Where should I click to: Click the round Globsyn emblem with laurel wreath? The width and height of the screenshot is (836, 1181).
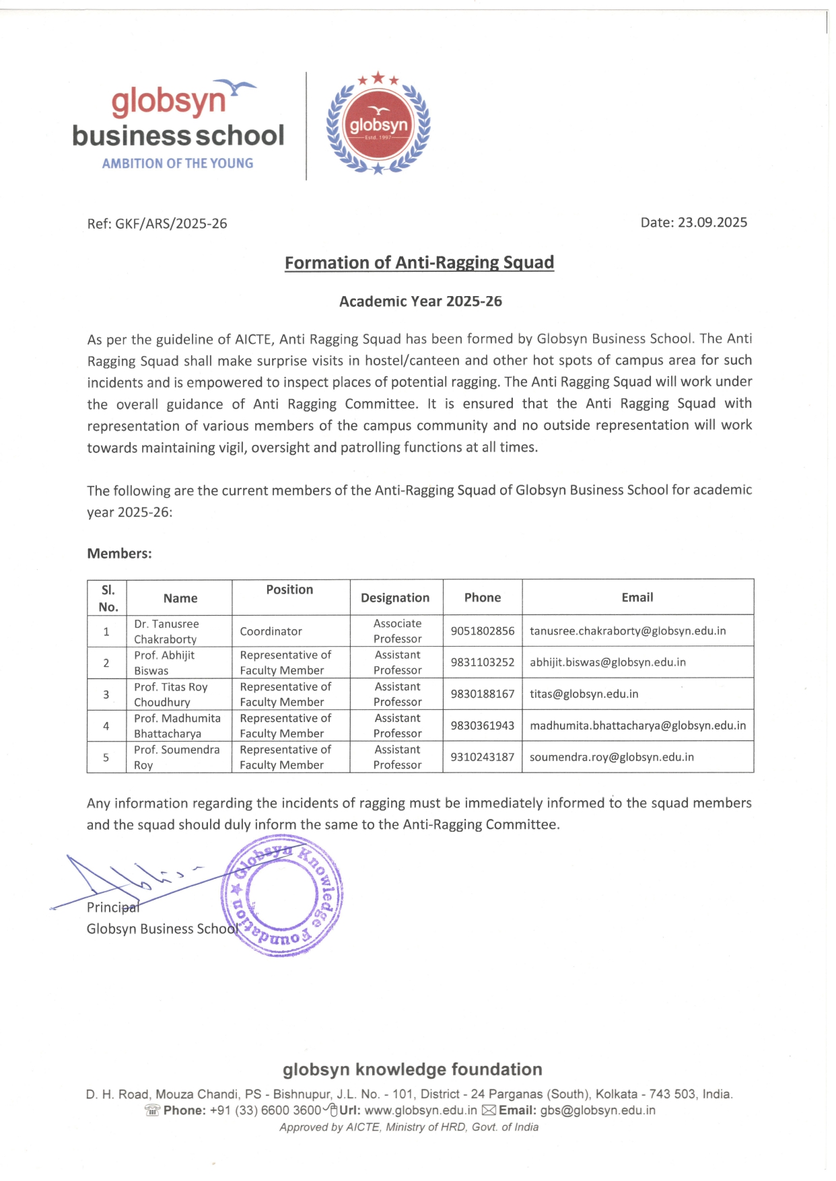pos(378,124)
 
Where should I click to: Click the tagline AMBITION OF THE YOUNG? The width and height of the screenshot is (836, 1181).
pos(178,164)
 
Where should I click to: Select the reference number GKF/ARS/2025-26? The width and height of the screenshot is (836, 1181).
pos(171,224)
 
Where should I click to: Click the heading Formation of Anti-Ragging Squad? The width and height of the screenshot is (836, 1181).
pos(419,262)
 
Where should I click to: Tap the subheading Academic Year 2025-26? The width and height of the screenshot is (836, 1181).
pos(420,301)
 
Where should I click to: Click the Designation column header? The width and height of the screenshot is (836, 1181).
pos(395,598)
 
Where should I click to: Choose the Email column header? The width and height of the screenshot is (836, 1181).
pos(637,598)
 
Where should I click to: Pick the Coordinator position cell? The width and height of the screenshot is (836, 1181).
pos(271,631)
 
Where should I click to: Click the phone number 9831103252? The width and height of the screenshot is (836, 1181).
pos(482,662)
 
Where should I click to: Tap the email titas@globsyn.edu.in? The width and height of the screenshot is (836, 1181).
pos(584,694)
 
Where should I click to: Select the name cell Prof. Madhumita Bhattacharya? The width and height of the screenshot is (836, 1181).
pos(177,725)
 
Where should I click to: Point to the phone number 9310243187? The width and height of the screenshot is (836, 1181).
pos(482,757)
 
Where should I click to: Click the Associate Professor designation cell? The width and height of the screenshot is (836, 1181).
pos(397,631)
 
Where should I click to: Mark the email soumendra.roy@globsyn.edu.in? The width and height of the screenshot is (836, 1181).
pos(611,757)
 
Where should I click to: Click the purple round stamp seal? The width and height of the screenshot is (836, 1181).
pos(282,896)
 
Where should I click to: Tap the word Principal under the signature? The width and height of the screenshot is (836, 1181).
pos(112,908)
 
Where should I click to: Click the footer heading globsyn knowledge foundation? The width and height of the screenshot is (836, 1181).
pos(412,1069)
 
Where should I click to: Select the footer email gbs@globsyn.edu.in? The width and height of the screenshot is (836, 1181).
pos(597,1110)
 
